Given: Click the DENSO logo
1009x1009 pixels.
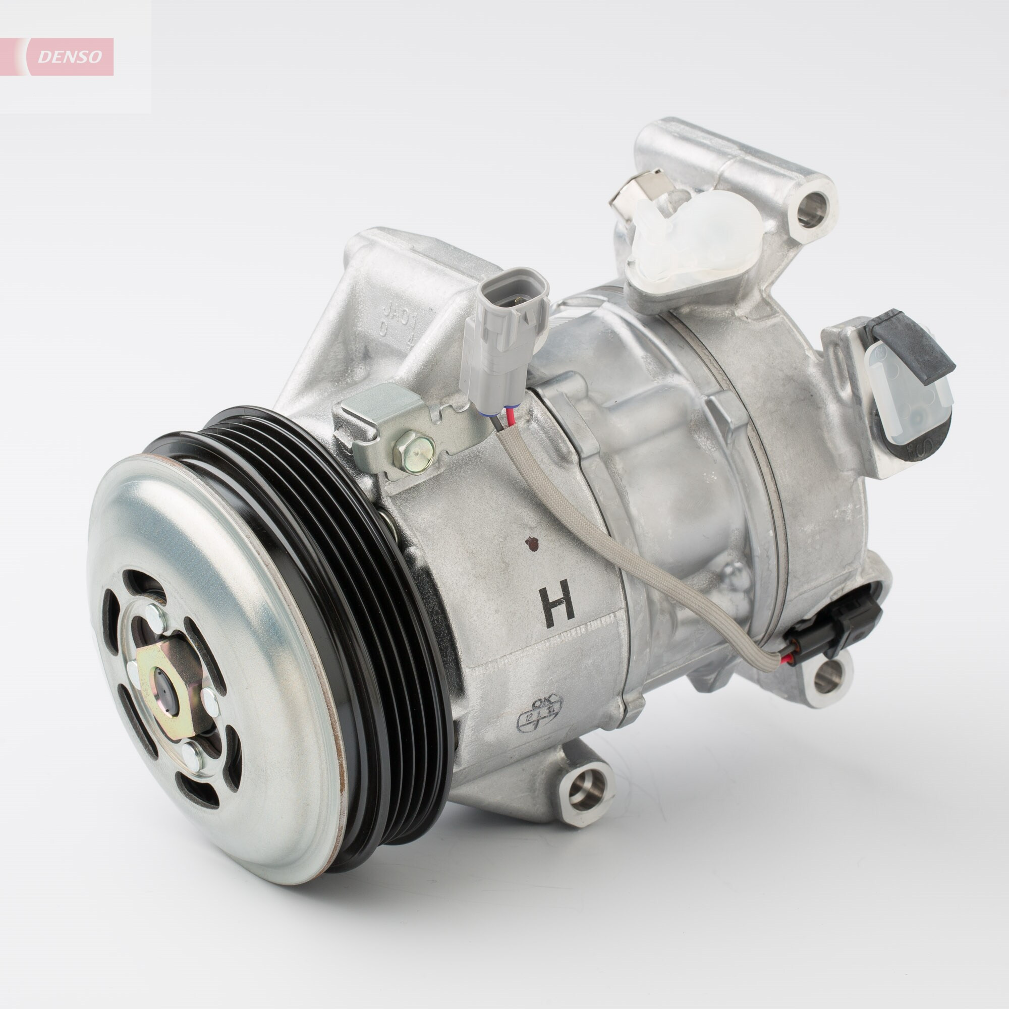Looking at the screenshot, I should click(x=70, y=57).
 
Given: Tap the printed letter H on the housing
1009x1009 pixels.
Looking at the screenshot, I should click(x=558, y=606).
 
